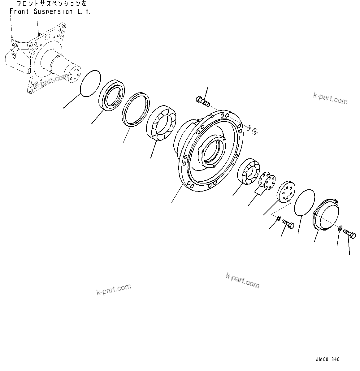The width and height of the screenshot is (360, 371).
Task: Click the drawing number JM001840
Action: tap(327, 359)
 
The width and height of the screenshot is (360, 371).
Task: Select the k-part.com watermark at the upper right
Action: tap(330, 98)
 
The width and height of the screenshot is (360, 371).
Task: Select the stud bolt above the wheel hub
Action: tap(203, 101)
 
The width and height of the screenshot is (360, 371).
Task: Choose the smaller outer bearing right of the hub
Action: tap(249, 173)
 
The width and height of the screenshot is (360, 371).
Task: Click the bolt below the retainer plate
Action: tap(288, 224)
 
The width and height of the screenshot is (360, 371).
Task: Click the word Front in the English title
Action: tap(19, 11)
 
